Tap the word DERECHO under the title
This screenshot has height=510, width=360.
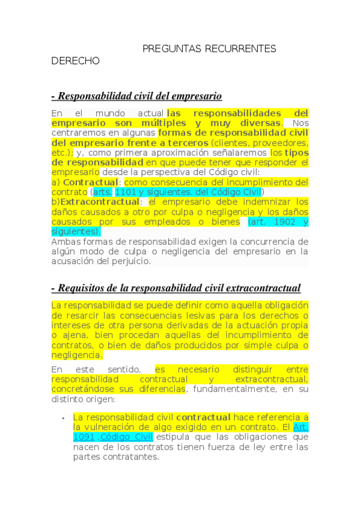(76, 61)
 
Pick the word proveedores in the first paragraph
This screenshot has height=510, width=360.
(279, 143)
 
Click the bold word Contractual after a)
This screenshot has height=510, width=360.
(90, 182)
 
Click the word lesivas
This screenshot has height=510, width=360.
(183, 316)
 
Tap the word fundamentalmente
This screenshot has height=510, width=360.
(242, 389)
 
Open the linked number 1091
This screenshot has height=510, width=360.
(84, 437)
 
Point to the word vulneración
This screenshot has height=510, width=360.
(112, 427)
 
